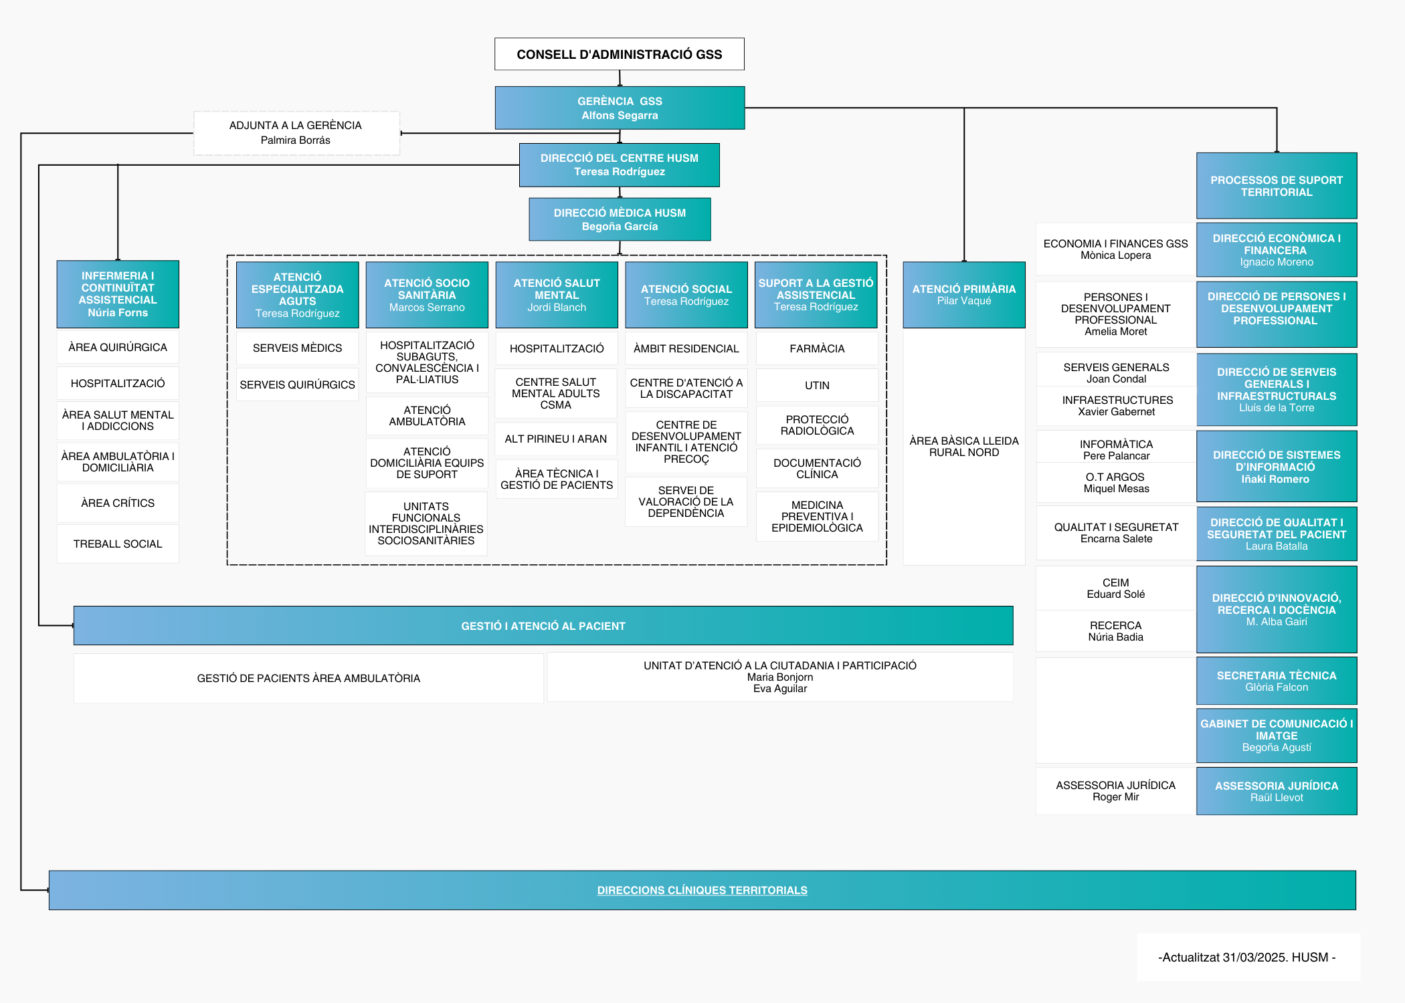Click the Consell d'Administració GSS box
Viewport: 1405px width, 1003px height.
[x=619, y=54]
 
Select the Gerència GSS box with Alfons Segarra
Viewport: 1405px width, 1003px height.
[x=620, y=108]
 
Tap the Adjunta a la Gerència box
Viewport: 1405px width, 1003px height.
[x=296, y=132]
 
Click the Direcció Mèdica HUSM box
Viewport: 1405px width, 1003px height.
[x=620, y=219]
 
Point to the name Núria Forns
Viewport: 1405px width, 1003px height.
[x=118, y=313]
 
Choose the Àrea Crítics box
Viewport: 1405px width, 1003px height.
[x=118, y=503]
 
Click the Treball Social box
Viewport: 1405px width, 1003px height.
[x=118, y=544]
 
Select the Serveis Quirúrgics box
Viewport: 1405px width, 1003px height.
[x=297, y=384]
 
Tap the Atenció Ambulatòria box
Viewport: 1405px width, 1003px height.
[x=427, y=416]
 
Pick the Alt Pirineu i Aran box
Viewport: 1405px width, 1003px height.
[x=556, y=439]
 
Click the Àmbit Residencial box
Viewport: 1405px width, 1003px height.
[x=686, y=348]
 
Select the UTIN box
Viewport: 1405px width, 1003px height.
[x=817, y=385]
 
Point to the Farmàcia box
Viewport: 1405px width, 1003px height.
[x=817, y=348]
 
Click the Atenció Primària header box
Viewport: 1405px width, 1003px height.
[x=963, y=294]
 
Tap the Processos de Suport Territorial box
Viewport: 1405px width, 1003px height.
[x=1276, y=186]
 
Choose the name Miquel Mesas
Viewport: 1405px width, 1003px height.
[x=1116, y=489]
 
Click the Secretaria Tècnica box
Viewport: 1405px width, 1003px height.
[x=1276, y=681]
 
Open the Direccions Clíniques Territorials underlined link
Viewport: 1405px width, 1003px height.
[x=702, y=890]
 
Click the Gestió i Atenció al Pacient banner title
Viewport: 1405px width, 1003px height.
[x=543, y=626]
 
